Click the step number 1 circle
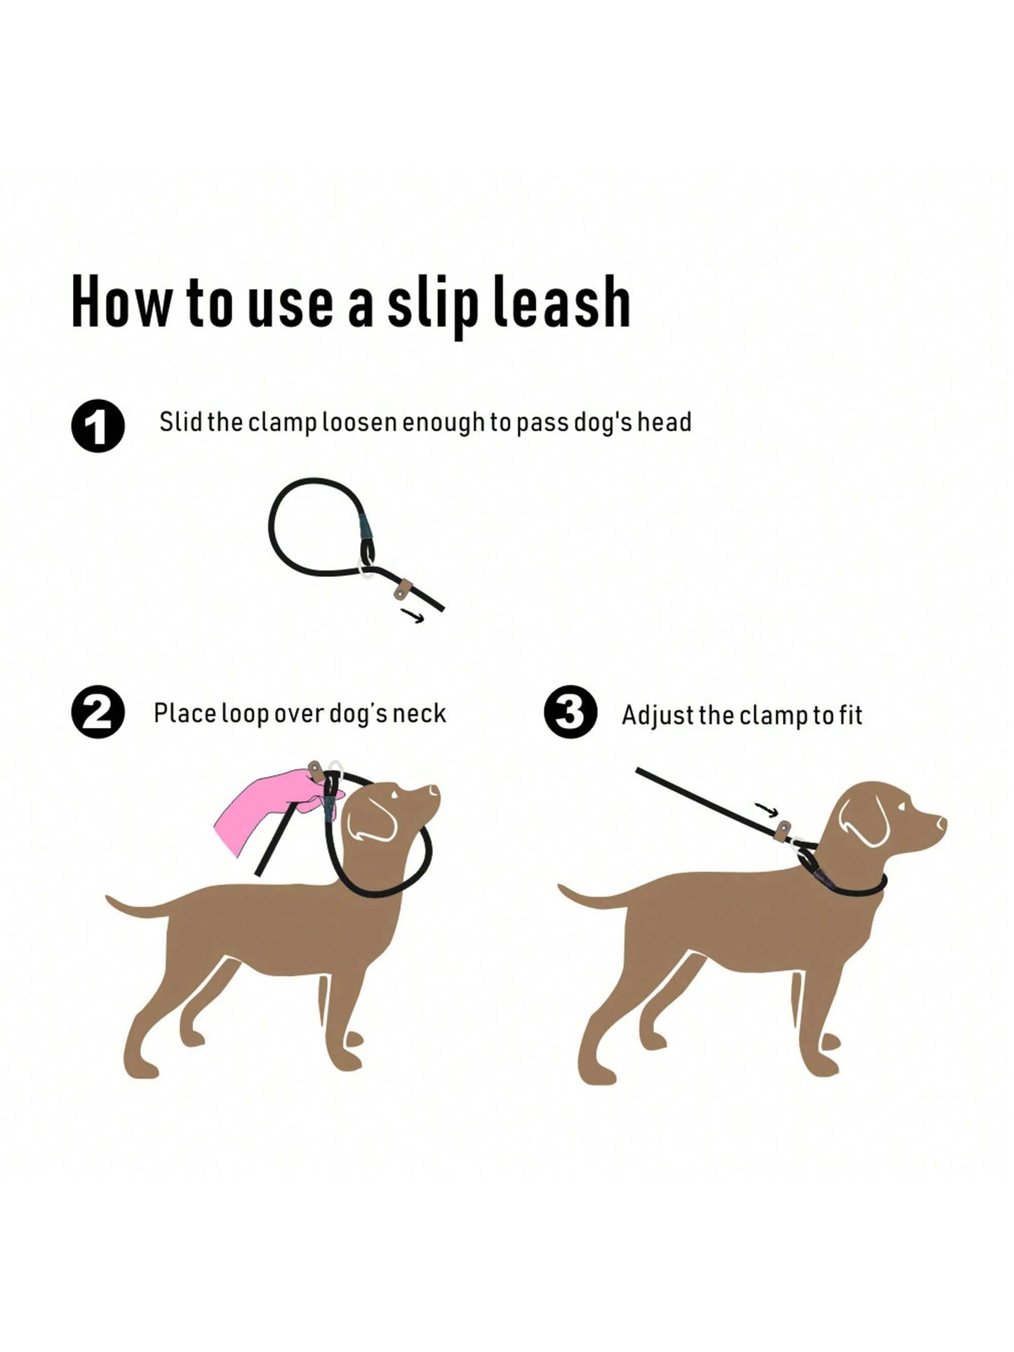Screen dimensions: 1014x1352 click(98, 426)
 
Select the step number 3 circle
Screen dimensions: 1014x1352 click(571, 713)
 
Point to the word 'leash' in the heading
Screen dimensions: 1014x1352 click(561, 301)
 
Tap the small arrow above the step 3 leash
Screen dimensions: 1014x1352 click(767, 809)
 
